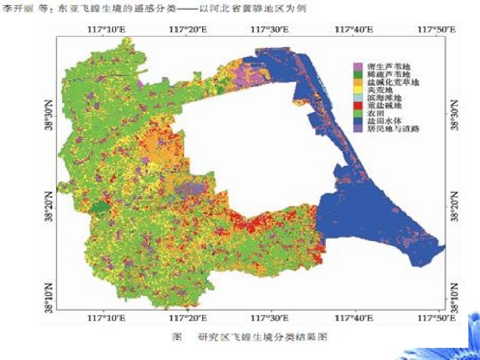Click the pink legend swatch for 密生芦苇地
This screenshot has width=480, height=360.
click(358, 66)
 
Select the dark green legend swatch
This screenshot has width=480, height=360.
click(358, 74)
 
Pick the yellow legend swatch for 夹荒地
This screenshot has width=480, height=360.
click(358, 89)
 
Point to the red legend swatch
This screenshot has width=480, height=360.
click(358, 105)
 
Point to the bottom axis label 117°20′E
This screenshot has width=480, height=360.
click(187, 318)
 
